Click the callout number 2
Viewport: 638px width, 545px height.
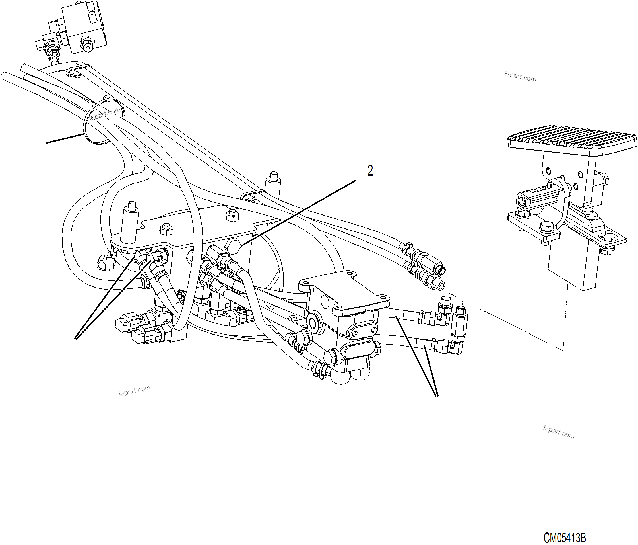[370, 171]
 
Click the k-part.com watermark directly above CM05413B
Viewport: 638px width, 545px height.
[559, 432]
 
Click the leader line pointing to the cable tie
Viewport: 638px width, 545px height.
[65, 138]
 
